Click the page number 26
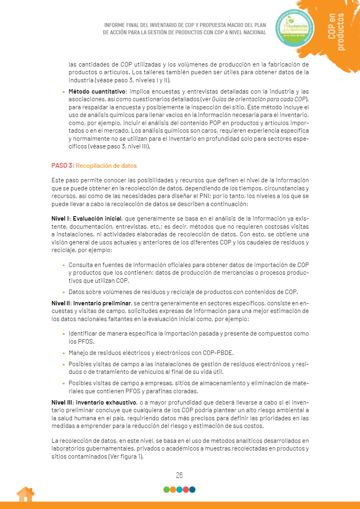click(x=180, y=475)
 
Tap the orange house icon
click(x=25, y=494)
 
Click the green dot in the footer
click(x=166, y=490)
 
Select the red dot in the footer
click(x=186, y=490)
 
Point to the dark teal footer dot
click(x=193, y=490)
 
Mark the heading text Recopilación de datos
click(x=106, y=166)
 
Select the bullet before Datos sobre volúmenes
click(x=64, y=292)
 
